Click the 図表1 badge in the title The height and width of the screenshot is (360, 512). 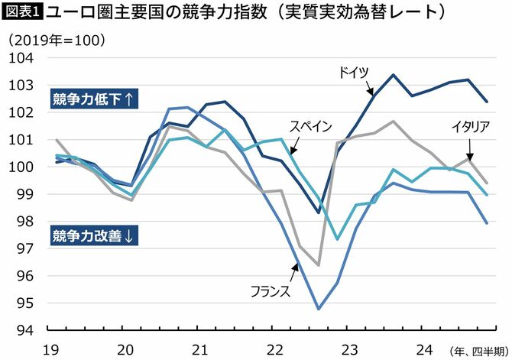point(23,13)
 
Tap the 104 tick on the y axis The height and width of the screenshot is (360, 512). point(24,58)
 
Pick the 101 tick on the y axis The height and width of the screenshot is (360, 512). point(24,140)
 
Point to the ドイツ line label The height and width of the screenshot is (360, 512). point(354,72)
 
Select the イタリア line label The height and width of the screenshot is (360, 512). point(470,126)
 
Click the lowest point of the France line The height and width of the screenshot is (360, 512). point(318,309)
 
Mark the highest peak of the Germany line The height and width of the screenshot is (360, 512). point(393,75)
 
